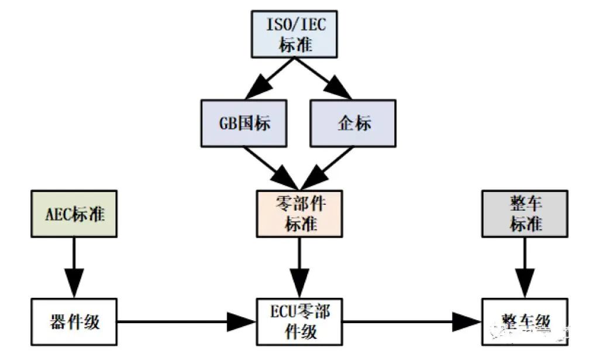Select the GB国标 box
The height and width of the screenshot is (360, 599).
245,123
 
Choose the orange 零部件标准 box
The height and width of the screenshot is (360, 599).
299,214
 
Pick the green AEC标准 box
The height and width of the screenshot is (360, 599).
74,214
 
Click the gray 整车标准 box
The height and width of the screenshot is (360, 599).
525,214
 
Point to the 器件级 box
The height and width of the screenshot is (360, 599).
74,321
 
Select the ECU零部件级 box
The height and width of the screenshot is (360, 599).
299,321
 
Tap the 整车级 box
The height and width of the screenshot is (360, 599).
525,321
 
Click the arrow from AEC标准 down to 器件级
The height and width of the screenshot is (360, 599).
74,267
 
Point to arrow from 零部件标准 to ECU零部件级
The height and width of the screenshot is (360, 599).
299,267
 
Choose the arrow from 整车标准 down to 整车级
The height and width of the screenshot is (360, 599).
525,267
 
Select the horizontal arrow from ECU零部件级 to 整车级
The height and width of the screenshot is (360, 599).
412,321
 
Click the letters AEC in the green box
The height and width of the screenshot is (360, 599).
58,214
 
